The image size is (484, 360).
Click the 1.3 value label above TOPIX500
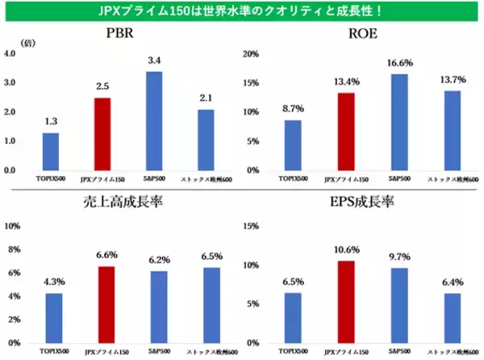point(50,121)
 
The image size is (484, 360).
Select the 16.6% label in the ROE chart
point(399,61)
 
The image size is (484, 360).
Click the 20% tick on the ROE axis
point(252,54)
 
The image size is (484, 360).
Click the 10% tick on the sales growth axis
point(12,226)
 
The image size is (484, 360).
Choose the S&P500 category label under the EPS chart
point(399,352)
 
